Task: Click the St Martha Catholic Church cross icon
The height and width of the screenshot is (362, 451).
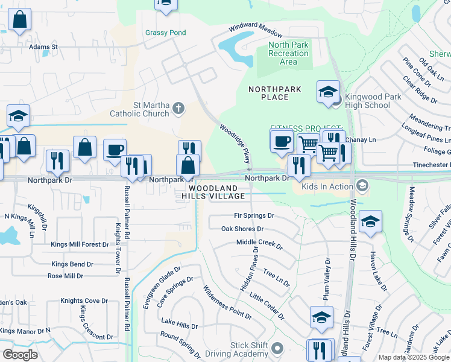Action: point(178,109)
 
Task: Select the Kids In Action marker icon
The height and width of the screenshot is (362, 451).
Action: point(362,186)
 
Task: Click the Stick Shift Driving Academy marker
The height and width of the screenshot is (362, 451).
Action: point(277,348)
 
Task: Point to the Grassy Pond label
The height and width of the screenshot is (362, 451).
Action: point(165,33)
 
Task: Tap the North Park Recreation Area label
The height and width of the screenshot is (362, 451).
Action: point(288,53)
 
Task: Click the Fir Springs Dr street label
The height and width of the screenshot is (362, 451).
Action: point(254,215)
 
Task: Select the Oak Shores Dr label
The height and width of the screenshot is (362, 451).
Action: point(242,229)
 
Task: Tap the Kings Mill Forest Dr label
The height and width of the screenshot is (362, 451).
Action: point(80,244)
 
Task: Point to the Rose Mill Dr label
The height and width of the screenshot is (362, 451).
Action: point(66,276)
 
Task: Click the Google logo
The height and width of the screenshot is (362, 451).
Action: point(19,355)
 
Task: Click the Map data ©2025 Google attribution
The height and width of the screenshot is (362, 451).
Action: point(413,357)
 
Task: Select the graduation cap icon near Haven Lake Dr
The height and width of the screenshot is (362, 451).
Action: point(370,222)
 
